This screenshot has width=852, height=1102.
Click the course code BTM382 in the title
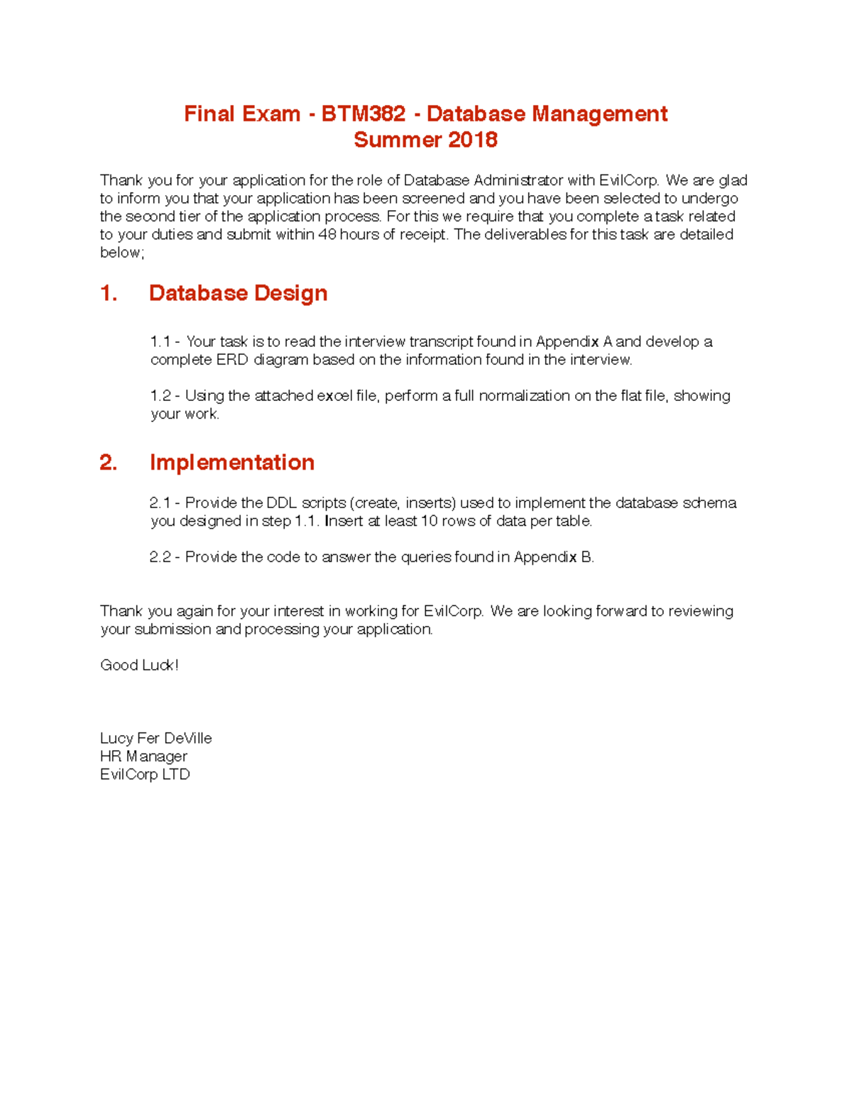pyautogui.click(x=363, y=114)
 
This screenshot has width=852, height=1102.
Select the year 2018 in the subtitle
pyautogui.click(x=472, y=140)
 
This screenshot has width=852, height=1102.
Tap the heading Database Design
pyautogui.click(x=238, y=293)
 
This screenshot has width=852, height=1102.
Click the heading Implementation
pyautogui.click(x=231, y=462)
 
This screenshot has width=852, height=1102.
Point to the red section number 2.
pyautogui.click(x=108, y=462)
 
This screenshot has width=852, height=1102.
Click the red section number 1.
pyautogui.click(x=108, y=293)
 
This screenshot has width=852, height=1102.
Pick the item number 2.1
pyautogui.click(x=160, y=503)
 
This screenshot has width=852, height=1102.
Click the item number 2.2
pyautogui.click(x=160, y=557)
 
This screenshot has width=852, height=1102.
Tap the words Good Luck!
pyautogui.click(x=139, y=665)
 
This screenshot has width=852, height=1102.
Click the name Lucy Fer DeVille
pyautogui.click(x=155, y=738)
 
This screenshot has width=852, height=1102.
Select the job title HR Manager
pyautogui.click(x=143, y=756)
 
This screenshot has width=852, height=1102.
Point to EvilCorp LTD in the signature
pyautogui.click(x=145, y=774)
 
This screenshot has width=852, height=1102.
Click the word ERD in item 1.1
pyautogui.click(x=232, y=360)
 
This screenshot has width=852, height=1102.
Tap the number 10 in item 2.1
pyautogui.click(x=430, y=521)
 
